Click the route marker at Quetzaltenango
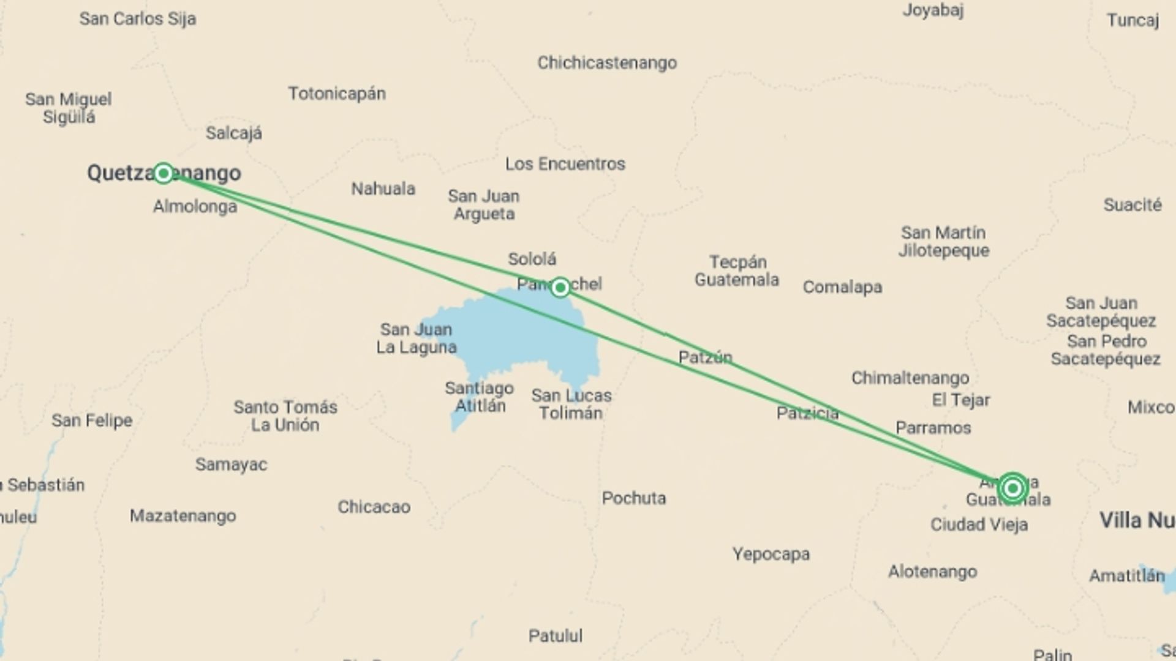click(163, 173)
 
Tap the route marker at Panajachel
click(560, 287)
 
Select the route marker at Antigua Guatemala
click(1012, 488)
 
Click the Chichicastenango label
click(607, 63)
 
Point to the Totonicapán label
click(337, 94)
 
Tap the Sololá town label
click(532, 259)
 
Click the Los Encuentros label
click(565, 164)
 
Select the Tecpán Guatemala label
click(737, 271)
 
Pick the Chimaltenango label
click(910, 378)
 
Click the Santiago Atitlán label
click(478, 397)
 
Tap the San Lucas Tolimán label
click(571, 404)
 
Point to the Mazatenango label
click(183, 516)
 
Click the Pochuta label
click(633, 498)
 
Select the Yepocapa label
click(771, 555)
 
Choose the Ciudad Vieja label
click(979, 525)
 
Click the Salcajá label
click(233, 133)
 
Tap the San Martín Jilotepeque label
click(943, 242)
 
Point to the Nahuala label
click(383, 189)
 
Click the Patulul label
click(556, 636)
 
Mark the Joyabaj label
click(933, 10)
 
